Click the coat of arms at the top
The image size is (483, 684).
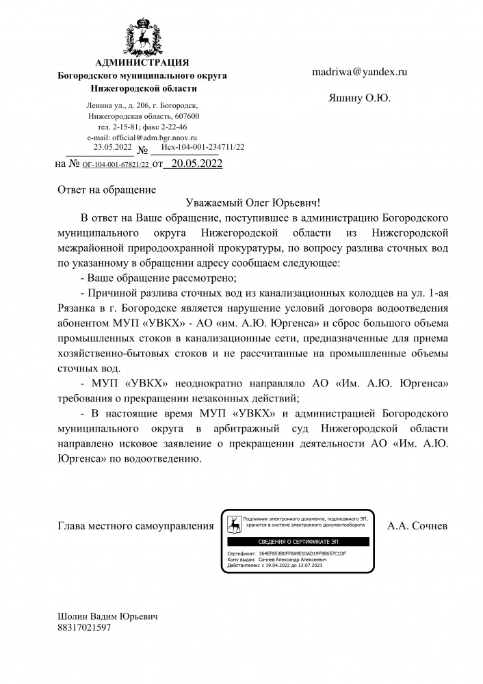[142, 37]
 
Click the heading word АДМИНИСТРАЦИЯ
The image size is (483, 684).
[142, 64]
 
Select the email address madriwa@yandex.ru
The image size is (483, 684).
[360, 71]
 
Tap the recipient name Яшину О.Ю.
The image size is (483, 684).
[359, 98]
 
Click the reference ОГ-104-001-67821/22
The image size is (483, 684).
[116, 165]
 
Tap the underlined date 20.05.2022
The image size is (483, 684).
[196, 163]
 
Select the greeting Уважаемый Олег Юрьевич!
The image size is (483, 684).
[252, 203]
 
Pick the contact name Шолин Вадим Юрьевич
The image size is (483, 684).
[107, 616]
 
